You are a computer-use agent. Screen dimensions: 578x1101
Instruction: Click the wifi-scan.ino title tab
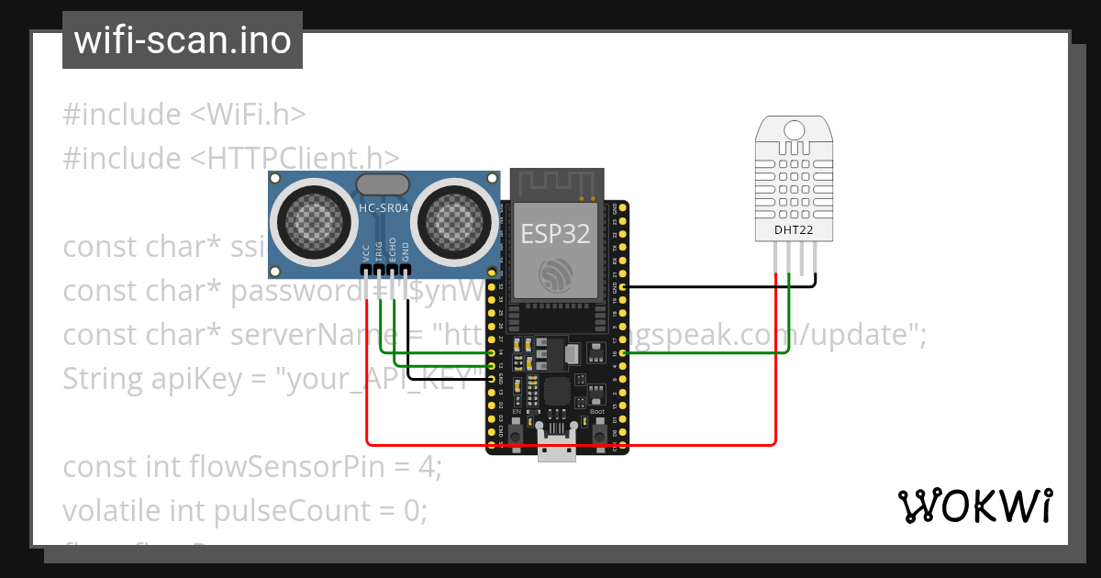coord(183,40)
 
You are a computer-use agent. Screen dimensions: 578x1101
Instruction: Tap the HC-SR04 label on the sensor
coord(383,208)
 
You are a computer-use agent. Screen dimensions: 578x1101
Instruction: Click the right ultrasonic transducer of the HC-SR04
coord(451,219)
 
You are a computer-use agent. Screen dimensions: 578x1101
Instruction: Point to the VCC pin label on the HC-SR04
coord(367,253)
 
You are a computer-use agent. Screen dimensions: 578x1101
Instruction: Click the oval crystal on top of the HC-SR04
coord(383,184)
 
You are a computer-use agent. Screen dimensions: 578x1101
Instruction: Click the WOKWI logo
coord(974,506)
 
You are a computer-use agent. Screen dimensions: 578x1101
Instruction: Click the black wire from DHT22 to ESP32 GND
coord(716,286)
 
